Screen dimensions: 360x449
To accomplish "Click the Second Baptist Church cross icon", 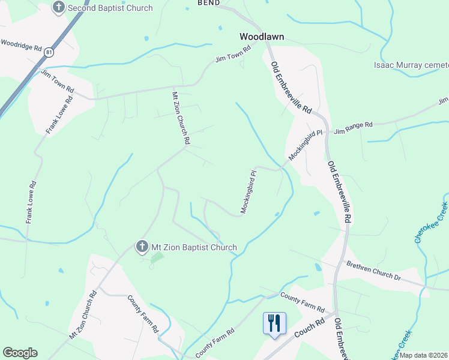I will (59, 8).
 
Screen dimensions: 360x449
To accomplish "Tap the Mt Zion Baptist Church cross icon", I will (142, 247).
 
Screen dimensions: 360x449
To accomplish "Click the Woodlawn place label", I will (262, 37).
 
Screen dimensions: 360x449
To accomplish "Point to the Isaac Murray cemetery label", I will (411, 65).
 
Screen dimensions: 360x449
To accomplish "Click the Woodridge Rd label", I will (21, 45).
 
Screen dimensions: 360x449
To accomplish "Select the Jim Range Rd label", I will (354, 127).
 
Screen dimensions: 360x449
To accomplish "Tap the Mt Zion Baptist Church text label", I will (194, 247).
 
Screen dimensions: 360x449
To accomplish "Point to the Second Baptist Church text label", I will (110, 8).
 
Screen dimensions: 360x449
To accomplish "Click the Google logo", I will (20, 353).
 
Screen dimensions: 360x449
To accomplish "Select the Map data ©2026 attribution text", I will (424, 355).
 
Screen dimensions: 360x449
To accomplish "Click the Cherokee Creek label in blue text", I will (430, 223).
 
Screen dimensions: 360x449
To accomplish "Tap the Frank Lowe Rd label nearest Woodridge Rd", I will (58, 115).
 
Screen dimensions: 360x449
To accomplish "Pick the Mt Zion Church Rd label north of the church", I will (181, 118).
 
